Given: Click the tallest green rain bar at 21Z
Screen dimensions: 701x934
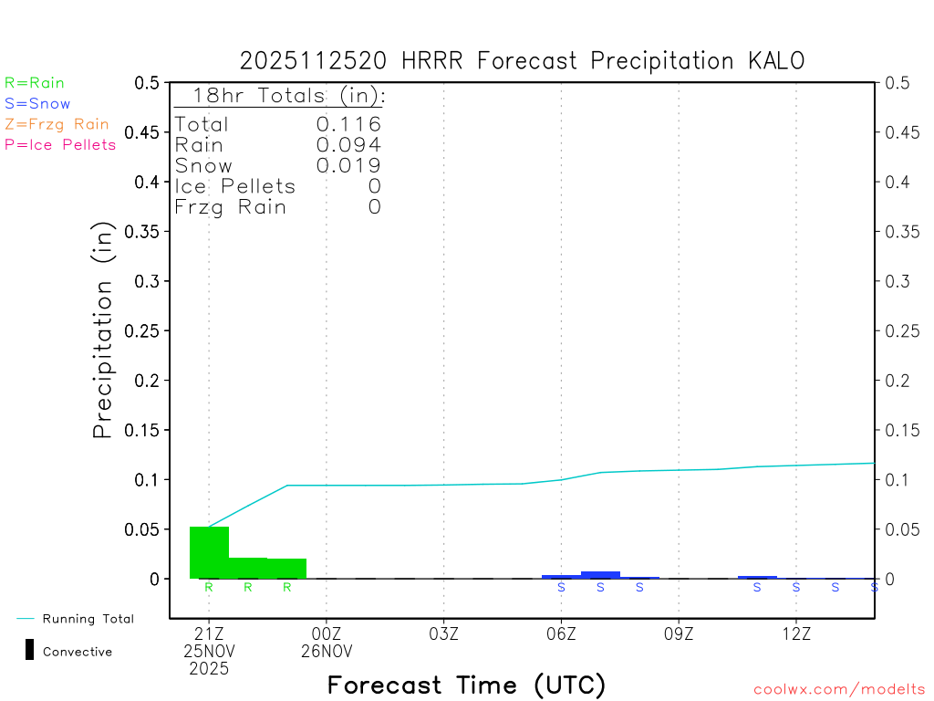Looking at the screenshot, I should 209,552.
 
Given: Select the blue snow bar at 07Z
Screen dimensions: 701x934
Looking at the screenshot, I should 600,575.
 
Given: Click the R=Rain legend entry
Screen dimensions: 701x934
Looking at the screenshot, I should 35,83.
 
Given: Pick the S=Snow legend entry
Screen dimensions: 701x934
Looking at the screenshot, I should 37,104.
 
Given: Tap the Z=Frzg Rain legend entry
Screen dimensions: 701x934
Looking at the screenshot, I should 57,124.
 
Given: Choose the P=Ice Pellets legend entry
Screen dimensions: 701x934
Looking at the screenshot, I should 60,144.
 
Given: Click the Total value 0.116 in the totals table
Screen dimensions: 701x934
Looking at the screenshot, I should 348,124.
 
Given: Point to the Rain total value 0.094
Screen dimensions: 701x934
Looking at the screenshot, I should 348,144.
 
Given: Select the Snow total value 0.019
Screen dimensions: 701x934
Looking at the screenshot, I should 348,165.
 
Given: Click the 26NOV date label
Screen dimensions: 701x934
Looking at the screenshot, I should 327,652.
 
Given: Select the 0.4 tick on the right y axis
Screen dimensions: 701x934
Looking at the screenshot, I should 895,182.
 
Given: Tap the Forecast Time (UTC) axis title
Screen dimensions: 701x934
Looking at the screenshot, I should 467,685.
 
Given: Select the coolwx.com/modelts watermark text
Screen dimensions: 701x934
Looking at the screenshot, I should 839,690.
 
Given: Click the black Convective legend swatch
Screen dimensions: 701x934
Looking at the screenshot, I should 29,651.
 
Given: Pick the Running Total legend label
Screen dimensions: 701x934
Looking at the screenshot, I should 88,619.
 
